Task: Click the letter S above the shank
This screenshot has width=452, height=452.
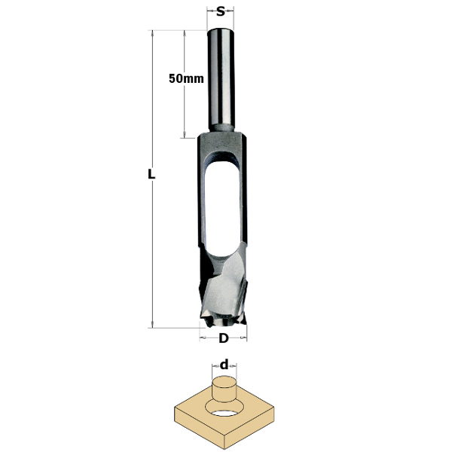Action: pyautogui.click(x=220, y=11)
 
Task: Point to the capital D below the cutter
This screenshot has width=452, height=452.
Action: pyautogui.click(x=223, y=338)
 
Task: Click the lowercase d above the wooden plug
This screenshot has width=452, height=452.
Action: pyautogui.click(x=224, y=365)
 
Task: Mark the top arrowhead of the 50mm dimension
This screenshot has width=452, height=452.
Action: pyautogui.click(x=184, y=33)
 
